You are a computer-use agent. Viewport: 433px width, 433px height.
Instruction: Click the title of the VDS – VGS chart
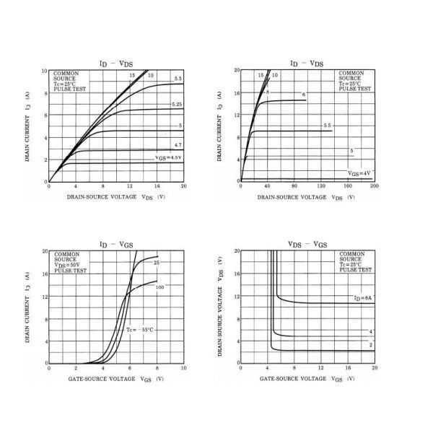[307, 245]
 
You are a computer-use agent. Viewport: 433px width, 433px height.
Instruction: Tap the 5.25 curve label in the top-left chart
[177, 105]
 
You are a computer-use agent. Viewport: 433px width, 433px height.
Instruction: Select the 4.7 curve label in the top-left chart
[178, 146]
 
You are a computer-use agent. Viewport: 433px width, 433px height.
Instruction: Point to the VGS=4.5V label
[168, 157]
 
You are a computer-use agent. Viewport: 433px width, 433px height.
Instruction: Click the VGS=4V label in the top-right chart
[359, 173]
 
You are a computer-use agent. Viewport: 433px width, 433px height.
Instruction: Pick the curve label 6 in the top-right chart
[304, 95]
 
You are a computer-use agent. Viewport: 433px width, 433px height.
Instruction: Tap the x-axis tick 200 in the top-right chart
[375, 187]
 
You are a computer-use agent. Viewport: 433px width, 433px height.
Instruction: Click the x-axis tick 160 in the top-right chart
[348, 187]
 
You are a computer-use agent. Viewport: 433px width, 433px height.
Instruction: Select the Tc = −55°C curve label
[140, 329]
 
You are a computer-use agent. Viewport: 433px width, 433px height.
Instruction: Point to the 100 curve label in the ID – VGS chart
[159, 287]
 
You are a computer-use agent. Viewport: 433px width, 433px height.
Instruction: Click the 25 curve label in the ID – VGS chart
[156, 263]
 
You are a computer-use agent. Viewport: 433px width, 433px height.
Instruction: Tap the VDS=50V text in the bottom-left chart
[71, 265]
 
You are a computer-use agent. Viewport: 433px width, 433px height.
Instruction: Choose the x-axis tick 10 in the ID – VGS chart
[183, 368]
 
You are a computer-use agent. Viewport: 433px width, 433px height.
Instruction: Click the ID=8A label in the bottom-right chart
[362, 298]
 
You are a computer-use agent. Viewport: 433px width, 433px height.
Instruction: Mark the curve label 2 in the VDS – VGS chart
[370, 345]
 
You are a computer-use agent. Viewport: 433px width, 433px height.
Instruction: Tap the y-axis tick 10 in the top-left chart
[44, 71]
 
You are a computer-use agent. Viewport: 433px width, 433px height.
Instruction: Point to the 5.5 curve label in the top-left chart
[178, 78]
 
